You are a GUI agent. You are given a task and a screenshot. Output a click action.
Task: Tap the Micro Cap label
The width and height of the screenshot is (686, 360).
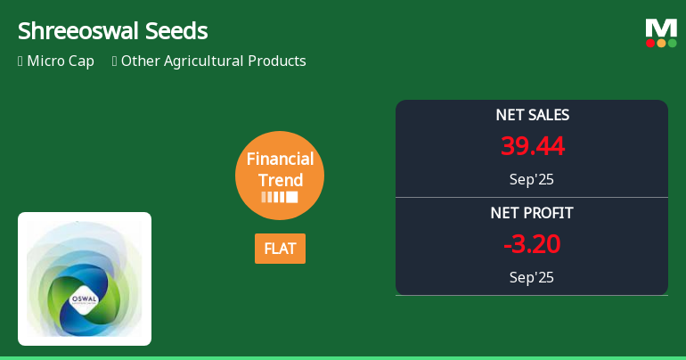61,61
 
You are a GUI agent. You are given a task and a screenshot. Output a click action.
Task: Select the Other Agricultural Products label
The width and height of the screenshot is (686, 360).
214,61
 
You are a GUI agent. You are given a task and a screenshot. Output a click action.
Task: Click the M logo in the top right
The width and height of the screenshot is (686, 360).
661,29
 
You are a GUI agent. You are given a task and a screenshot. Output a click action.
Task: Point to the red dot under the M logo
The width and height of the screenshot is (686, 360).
650,43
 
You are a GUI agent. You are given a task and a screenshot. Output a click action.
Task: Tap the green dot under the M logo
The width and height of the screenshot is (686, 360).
672,43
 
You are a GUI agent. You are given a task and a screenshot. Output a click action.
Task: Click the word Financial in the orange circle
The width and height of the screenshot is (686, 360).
280,160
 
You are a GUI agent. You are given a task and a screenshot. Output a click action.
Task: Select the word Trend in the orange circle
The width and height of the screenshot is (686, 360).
280,180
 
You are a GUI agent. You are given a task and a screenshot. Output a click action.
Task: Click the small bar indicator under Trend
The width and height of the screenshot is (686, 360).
280,197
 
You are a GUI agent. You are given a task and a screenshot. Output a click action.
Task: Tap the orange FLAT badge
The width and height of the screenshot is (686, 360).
280,249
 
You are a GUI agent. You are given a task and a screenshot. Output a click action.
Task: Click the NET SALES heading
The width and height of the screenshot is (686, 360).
532,115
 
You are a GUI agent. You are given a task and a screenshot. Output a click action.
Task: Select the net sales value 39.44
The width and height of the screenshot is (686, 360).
532,146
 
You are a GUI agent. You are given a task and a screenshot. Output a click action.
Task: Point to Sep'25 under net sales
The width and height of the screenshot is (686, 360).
532,179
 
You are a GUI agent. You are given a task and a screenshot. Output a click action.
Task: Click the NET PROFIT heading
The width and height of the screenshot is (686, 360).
532,213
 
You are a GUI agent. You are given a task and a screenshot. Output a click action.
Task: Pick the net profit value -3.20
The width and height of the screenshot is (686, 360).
532,244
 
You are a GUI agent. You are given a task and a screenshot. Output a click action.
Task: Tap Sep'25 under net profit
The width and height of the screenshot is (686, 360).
532,277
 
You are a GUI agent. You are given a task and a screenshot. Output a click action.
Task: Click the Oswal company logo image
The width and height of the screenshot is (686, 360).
85,279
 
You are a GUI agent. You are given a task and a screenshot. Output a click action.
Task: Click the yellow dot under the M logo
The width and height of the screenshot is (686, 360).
661,43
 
